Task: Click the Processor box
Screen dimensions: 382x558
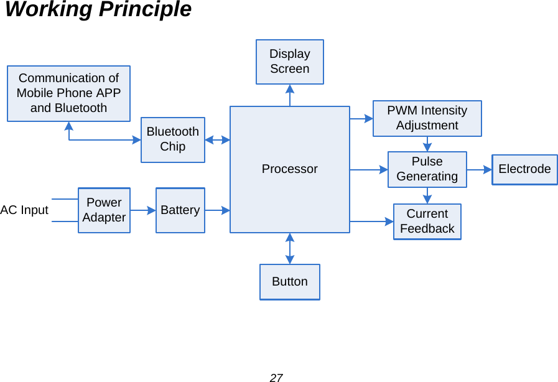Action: click(x=289, y=169)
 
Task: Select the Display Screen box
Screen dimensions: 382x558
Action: click(x=289, y=62)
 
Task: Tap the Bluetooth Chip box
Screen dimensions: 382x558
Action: click(x=172, y=139)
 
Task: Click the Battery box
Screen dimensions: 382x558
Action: click(x=180, y=210)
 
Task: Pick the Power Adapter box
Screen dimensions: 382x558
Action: click(x=104, y=210)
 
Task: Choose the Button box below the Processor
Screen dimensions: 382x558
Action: click(x=289, y=282)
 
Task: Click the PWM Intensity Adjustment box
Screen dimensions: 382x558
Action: click(x=427, y=118)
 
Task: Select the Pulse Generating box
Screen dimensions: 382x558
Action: click(x=427, y=169)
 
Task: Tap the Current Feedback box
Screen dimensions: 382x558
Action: click(x=427, y=221)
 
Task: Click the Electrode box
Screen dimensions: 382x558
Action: click(x=524, y=169)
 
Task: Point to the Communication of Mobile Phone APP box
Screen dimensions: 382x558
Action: click(x=68, y=93)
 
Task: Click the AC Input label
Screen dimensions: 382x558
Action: click(x=24, y=210)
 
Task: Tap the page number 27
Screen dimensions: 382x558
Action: click(x=276, y=378)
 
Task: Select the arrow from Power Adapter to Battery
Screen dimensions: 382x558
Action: click(x=143, y=210)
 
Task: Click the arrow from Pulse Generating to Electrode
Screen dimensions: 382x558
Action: click(x=480, y=169)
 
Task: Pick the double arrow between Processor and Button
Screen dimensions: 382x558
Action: click(x=290, y=248)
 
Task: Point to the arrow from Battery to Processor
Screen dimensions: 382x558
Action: click(x=217, y=210)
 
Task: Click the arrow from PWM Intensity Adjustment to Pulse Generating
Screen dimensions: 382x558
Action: click(x=427, y=144)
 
